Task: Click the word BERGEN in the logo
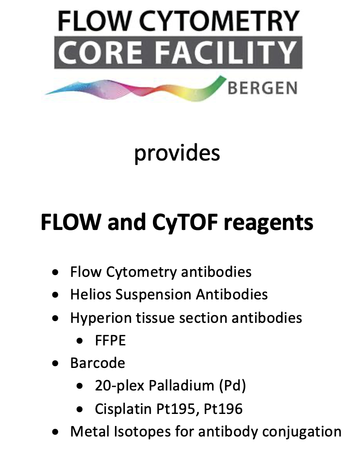[263, 88]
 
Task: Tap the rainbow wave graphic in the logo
[135, 89]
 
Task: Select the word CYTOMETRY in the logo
[220, 21]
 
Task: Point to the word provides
[177, 153]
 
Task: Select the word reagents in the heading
[269, 223]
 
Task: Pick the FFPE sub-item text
[110, 341]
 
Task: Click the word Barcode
[97, 363]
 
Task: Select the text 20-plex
[120, 386]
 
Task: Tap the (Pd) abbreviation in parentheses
[232, 386]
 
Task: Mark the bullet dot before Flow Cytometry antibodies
[55, 272]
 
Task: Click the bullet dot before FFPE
[80, 341]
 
